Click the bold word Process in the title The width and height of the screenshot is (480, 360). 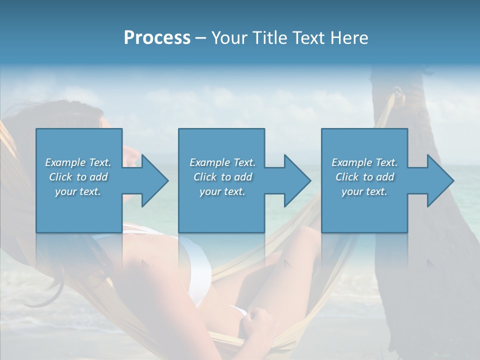click(x=157, y=37)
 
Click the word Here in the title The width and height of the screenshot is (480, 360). click(x=349, y=37)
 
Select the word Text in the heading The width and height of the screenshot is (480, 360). click(x=310, y=37)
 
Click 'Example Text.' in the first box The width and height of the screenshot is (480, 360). click(x=78, y=162)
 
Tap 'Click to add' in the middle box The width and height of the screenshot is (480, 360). click(x=222, y=177)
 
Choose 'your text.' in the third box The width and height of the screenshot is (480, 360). click(x=364, y=191)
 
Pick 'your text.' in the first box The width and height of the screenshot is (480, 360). click(x=78, y=191)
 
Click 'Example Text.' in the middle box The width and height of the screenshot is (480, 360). click(x=222, y=162)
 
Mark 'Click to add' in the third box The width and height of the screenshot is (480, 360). click(x=364, y=177)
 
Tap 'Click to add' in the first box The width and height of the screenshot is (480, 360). click(x=78, y=177)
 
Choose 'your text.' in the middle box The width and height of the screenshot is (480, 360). click(x=222, y=191)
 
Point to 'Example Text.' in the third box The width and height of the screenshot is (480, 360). click(x=364, y=162)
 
